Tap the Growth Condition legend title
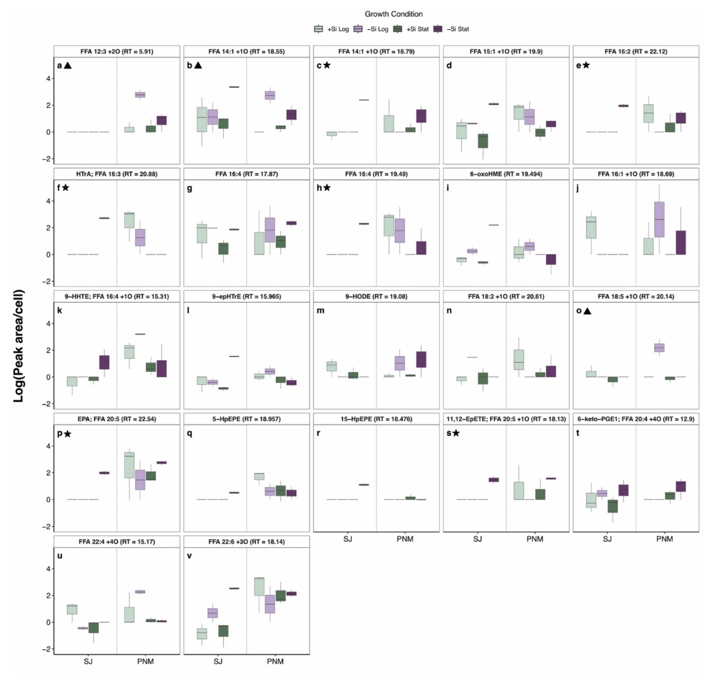393,14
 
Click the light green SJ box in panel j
591,227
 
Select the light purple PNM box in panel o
659,347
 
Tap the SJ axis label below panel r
347,539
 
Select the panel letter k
59,311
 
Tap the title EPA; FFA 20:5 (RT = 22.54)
117,419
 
